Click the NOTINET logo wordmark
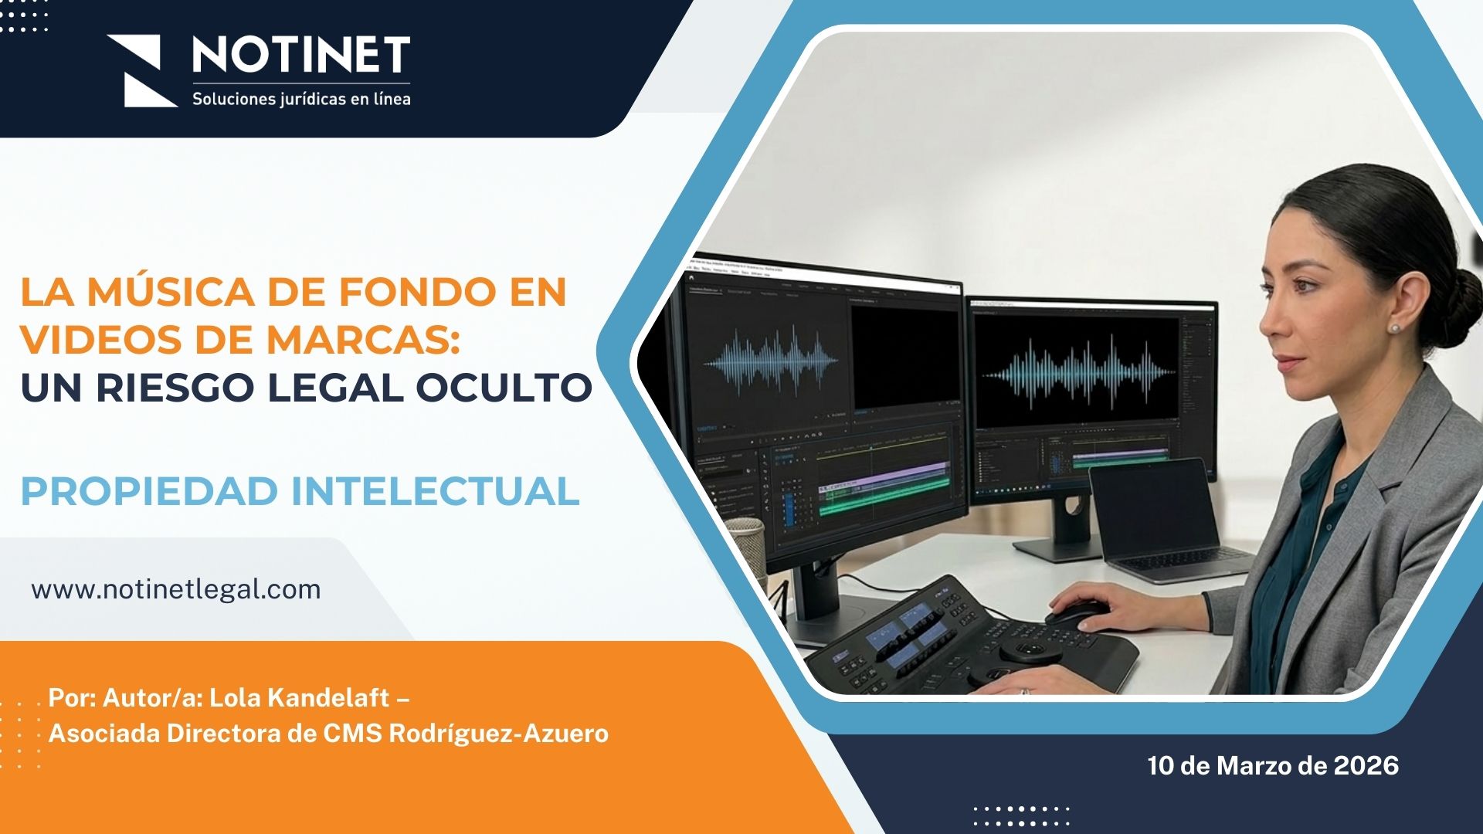(300, 55)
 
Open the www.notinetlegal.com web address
(176, 589)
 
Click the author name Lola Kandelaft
(299, 697)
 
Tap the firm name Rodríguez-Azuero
(498, 733)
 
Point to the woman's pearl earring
(1394, 327)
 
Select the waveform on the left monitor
(770, 360)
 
